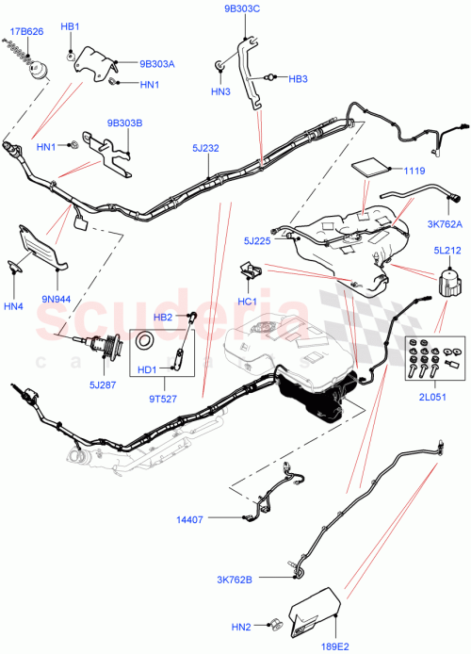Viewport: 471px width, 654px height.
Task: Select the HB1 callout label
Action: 70,26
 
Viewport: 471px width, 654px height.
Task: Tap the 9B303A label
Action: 157,64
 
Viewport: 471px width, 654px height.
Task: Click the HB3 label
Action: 298,78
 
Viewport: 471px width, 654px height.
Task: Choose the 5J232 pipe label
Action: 206,148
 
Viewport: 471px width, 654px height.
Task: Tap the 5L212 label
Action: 448,251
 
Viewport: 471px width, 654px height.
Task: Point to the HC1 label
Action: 249,302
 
